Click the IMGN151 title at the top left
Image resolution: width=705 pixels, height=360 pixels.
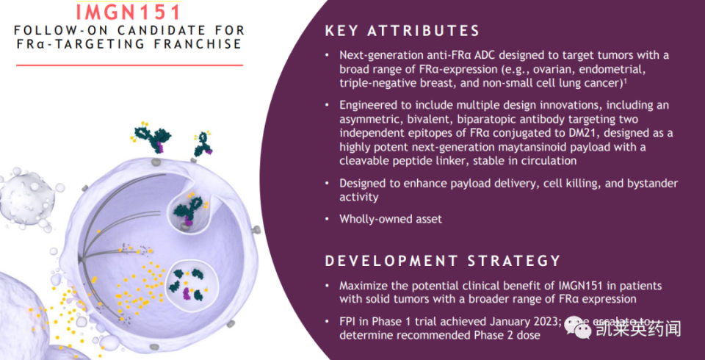pyautogui.click(x=129, y=12)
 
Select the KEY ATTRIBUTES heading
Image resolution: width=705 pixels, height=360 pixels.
pyautogui.click(x=402, y=31)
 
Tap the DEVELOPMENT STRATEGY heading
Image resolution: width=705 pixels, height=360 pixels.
pyautogui.click(x=443, y=261)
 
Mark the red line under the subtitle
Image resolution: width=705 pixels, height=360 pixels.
pyautogui.click(x=129, y=65)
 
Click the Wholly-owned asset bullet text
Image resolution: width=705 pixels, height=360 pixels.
pyautogui.click(x=391, y=219)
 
